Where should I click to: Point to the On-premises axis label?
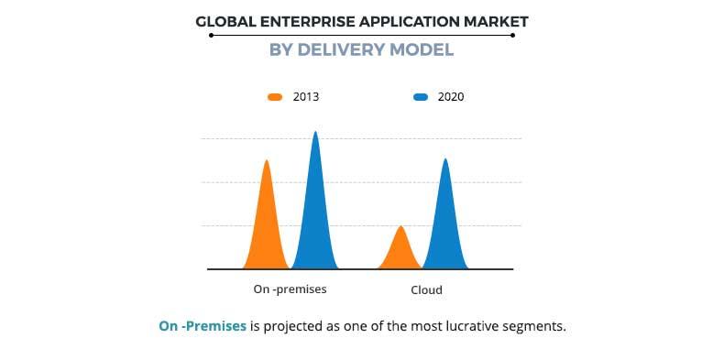click(290, 289)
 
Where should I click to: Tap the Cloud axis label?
click(426, 289)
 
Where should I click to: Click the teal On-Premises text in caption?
click(203, 326)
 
